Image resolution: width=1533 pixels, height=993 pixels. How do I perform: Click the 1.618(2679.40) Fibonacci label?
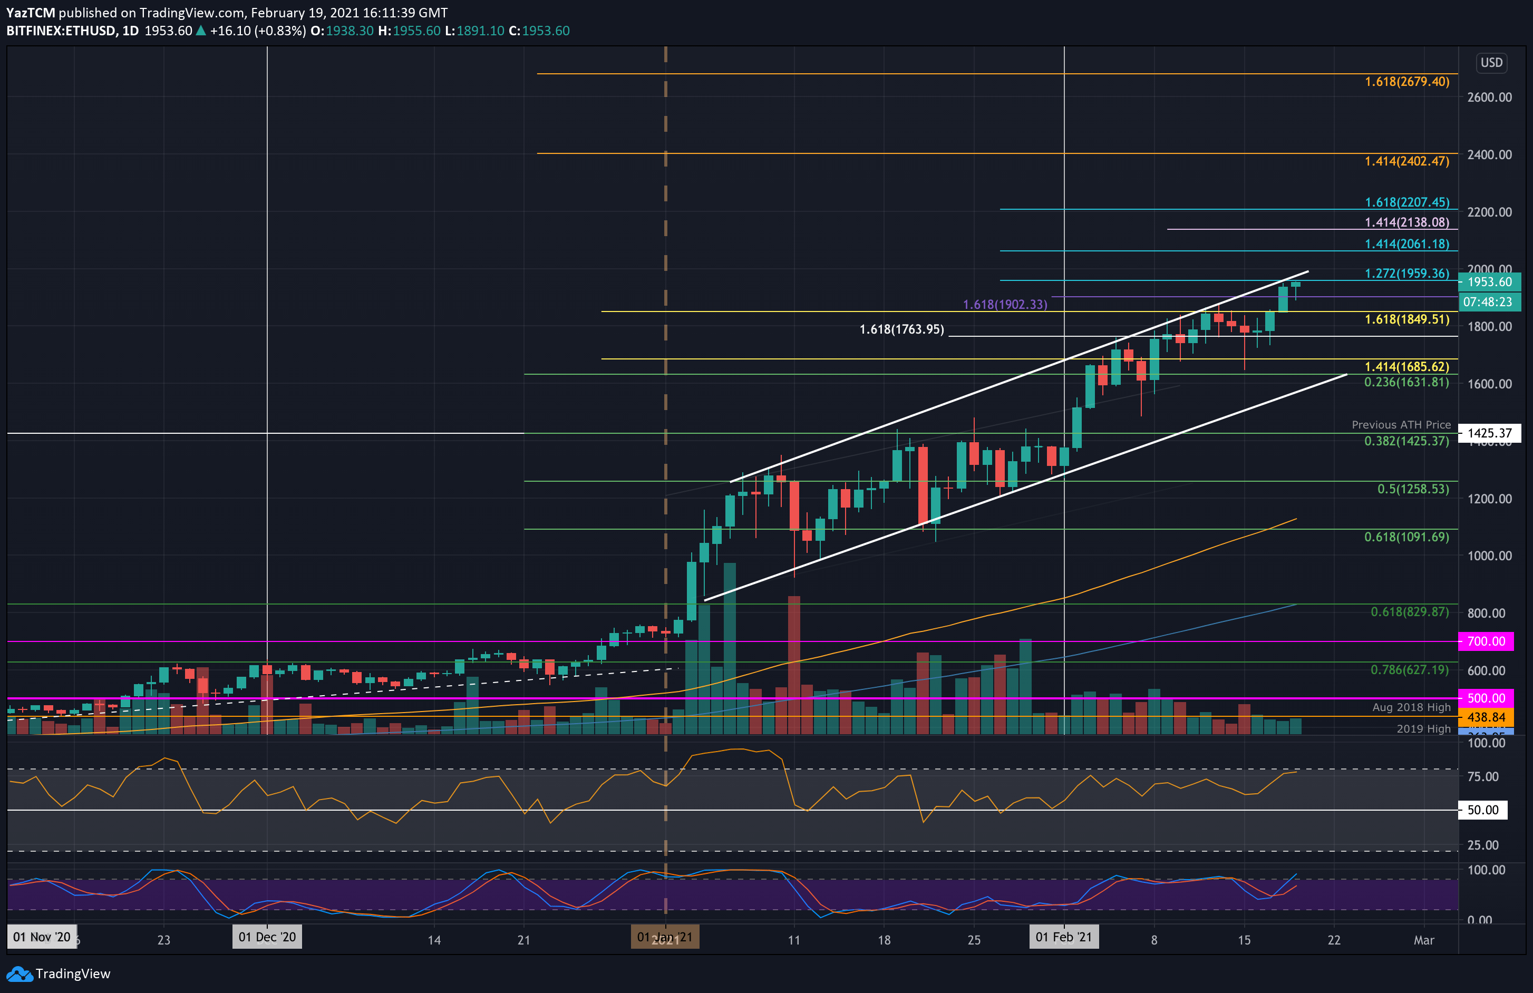tap(1407, 82)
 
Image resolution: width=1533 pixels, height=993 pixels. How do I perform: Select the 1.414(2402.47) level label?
tap(1407, 161)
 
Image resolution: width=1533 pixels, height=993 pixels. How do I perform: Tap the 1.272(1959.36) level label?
tap(1407, 274)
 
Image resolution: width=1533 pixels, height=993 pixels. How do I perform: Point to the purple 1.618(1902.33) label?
tap(1005, 305)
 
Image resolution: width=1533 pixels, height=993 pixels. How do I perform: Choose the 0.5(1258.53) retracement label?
tap(1413, 489)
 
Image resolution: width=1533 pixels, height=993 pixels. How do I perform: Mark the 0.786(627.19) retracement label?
tap(1409, 670)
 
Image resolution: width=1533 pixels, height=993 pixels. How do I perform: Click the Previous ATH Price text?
tap(1401, 425)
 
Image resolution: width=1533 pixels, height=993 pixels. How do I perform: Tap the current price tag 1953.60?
tap(1490, 282)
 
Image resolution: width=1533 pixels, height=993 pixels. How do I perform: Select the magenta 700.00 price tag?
tap(1486, 641)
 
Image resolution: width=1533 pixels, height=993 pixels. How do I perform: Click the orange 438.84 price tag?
tap(1486, 717)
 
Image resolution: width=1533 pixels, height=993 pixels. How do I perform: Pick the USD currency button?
tap(1491, 63)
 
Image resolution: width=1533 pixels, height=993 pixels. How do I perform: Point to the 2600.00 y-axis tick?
tap(1489, 97)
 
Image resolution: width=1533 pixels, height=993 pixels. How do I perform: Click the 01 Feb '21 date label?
tap(1063, 937)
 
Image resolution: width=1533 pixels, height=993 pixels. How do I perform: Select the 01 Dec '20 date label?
tap(267, 937)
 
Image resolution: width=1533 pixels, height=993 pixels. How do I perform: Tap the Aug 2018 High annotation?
tap(1411, 707)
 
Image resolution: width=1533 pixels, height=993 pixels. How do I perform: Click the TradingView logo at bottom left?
tap(59, 973)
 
